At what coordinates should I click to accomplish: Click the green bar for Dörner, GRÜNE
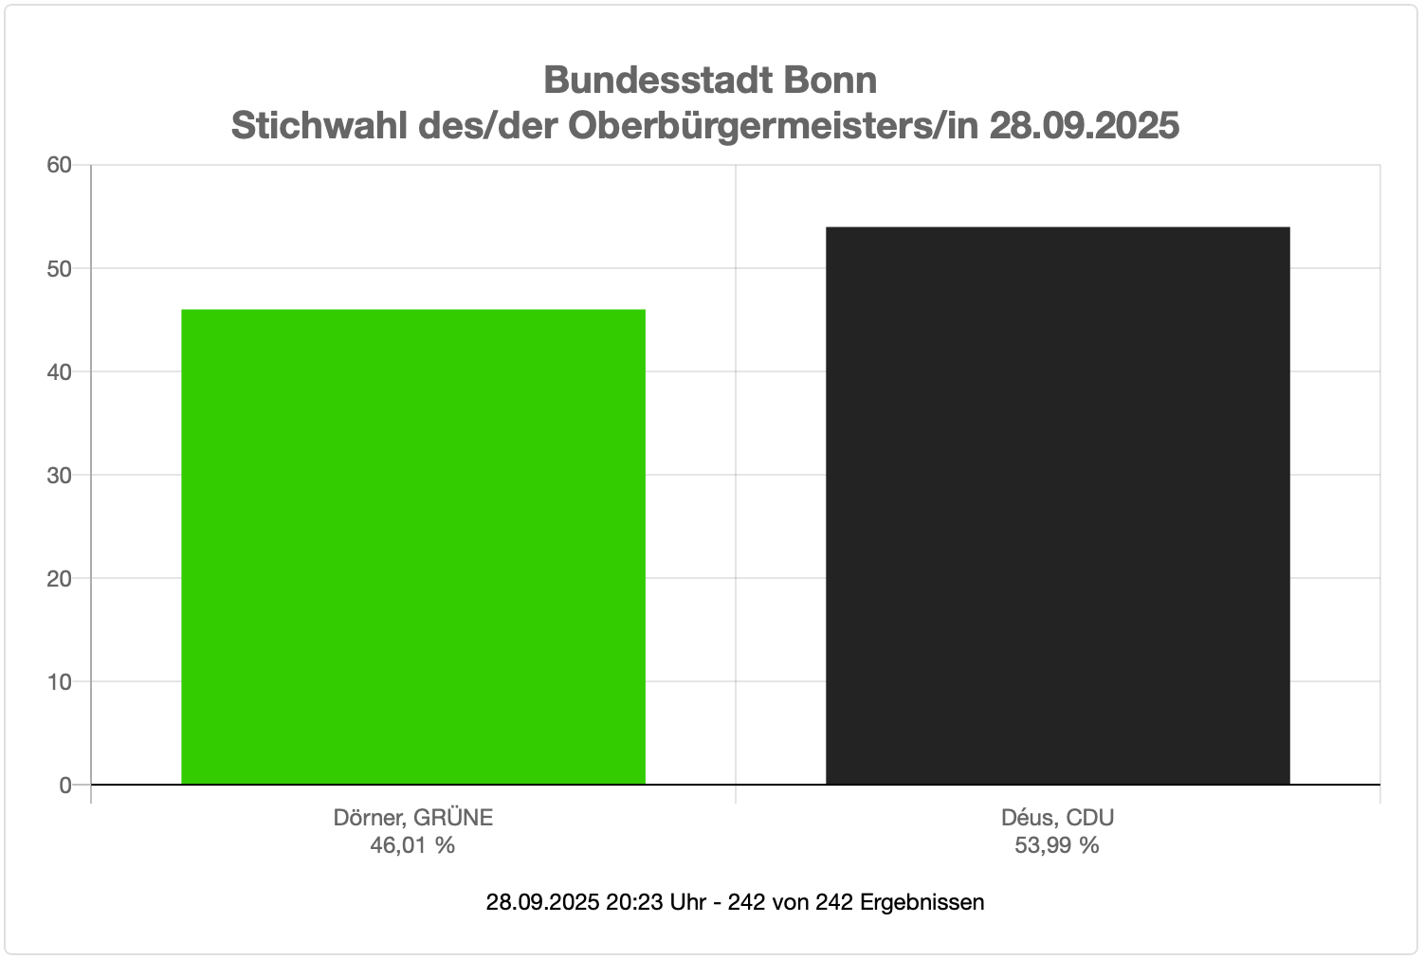click(413, 547)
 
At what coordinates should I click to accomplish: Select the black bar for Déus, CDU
click(1057, 505)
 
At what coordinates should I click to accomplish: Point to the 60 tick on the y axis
click(60, 165)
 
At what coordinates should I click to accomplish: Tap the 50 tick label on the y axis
click(60, 268)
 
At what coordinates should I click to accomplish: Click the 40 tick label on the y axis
click(60, 371)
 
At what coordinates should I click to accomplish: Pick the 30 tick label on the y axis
click(60, 475)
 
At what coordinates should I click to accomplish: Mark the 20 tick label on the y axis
click(60, 578)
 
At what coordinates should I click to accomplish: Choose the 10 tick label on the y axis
click(60, 681)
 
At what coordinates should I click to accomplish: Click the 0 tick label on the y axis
click(65, 785)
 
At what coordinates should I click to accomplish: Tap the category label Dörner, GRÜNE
click(413, 817)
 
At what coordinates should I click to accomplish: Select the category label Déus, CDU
click(1057, 817)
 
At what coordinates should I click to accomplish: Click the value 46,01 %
click(412, 844)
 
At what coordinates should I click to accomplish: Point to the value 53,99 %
click(1057, 844)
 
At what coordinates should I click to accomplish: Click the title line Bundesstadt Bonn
click(710, 80)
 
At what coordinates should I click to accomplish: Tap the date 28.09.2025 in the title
click(1085, 125)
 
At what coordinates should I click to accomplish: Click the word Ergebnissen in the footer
click(922, 902)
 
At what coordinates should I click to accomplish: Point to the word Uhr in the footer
click(687, 902)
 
